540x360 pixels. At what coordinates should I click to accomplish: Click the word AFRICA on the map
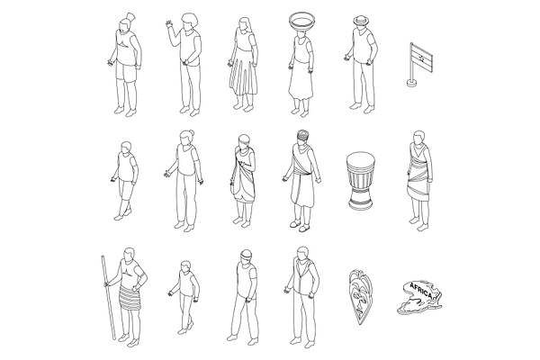421,291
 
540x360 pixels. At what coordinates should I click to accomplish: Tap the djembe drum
361,181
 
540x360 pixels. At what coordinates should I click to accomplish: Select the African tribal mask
361,296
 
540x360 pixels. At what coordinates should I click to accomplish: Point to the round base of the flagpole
411,83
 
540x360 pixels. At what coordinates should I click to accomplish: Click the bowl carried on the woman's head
301,22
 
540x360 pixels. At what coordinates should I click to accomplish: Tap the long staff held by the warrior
108,297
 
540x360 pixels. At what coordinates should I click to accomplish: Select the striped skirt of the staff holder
130,298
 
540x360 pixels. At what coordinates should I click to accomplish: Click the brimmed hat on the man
361,21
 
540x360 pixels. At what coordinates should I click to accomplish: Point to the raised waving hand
169,25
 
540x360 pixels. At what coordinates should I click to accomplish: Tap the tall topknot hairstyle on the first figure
130,16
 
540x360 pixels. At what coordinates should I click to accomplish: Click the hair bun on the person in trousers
192,132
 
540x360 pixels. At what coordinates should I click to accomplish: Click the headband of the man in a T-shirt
247,256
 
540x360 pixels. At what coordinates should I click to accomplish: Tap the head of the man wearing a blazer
302,254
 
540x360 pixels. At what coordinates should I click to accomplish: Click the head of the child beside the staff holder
185,266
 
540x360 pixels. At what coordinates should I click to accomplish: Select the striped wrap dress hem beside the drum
418,192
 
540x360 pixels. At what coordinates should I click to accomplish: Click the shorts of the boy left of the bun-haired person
126,190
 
